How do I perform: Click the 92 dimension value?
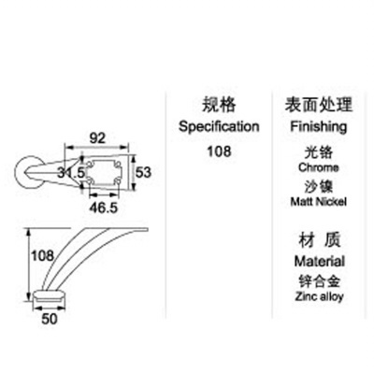pyautogui.click(x=97, y=137)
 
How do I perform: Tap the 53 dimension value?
pyautogui.click(x=143, y=172)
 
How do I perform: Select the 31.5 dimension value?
pyautogui.click(x=71, y=172)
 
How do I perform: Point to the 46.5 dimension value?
pyautogui.click(x=104, y=208)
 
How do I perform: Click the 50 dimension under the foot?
pyautogui.click(x=50, y=319)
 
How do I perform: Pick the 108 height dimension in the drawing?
pyautogui.click(x=43, y=255)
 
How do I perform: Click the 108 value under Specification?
pyautogui.click(x=219, y=151)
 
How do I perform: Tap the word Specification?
pyautogui.click(x=219, y=126)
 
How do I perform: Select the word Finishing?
pyautogui.click(x=319, y=126)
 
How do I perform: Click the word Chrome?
pyautogui.click(x=318, y=167)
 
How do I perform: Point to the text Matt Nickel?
pyautogui.click(x=318, y=202)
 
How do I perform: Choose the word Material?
pyautogui.click(x=319, y=261)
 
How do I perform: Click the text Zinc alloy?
pyautogui.click(x=319, y=296)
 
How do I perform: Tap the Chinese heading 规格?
pyautogui.click(x=219, y=105)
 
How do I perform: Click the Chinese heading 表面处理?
pyautogui.click(x=319, y=105)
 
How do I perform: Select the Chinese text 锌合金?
pyautogui.click(x=319, y=280)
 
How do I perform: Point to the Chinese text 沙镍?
pyautogui.click(x=319, y=186)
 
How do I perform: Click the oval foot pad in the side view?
pyautogui.click(x=50, y=295)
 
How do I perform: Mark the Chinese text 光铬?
pyautogui.click(x=319, y=152)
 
